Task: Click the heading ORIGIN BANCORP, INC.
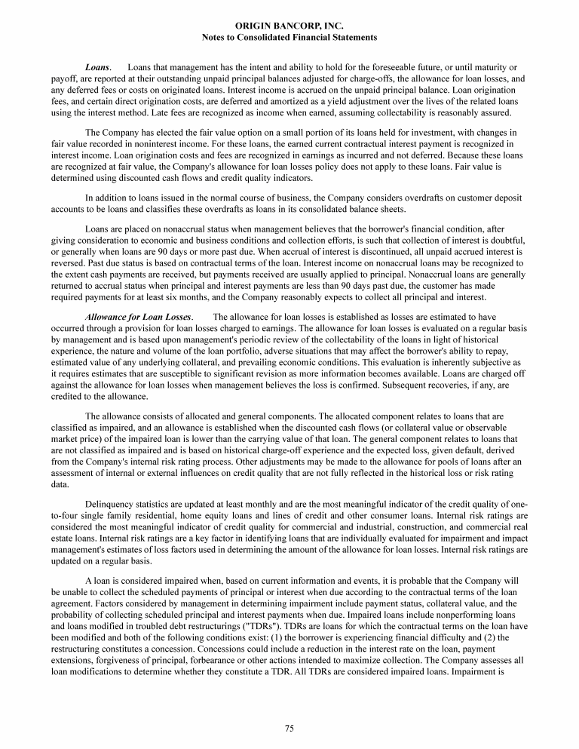pyautogui.click(x=289, y=26)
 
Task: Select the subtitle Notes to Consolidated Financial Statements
pyautogui.click(x=289, y=37)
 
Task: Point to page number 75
pyautogui.click(x=289, y=728)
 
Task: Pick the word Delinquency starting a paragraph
pyautogui.click(x=112, y=502)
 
